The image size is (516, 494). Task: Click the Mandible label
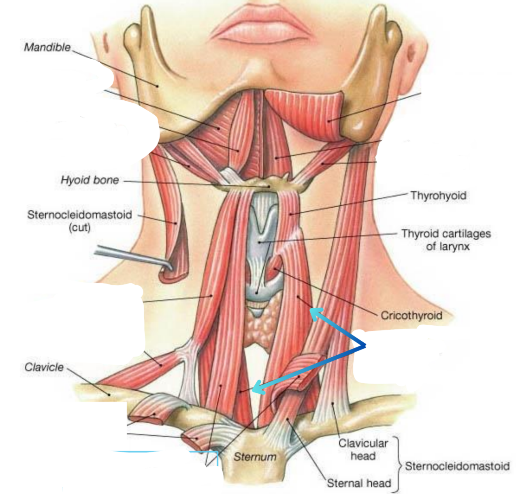click(x=47, y=47)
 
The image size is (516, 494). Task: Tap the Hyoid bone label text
click(x=90, y=180)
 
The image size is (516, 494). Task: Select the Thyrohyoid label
click(x=438, y=196)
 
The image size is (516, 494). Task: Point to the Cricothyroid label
click(x=411, y=315)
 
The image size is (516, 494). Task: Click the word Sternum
click(x=255, y=457)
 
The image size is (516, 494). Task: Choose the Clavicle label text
click(x=44, y=367)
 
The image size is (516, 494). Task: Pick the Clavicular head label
click(x=363, y=449)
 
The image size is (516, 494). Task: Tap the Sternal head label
click(x=359, y=483)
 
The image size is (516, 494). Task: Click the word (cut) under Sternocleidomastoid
click(x=79, y=227)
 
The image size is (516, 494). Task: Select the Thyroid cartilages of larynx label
click(x=446, y=240)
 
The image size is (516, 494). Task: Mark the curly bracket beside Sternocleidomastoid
click(x=399, y=465)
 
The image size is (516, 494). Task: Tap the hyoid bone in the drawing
click(x=267, y=184)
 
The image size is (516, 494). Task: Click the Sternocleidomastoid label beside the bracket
click(x=457, y=466)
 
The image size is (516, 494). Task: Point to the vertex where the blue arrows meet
click(x=365, y=345)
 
